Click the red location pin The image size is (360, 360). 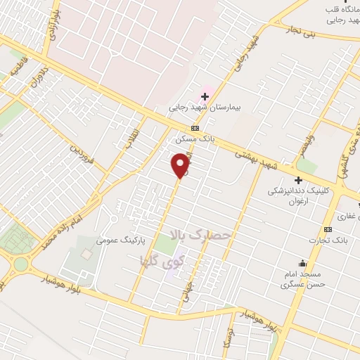coord(181,165)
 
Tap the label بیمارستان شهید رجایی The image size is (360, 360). coord(205,109)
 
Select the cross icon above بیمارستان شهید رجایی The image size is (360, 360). coord(205,96)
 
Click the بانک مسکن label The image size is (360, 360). coord(195,139)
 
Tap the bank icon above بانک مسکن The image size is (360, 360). coord(195,128)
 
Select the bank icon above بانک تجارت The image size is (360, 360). coord(328,230)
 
